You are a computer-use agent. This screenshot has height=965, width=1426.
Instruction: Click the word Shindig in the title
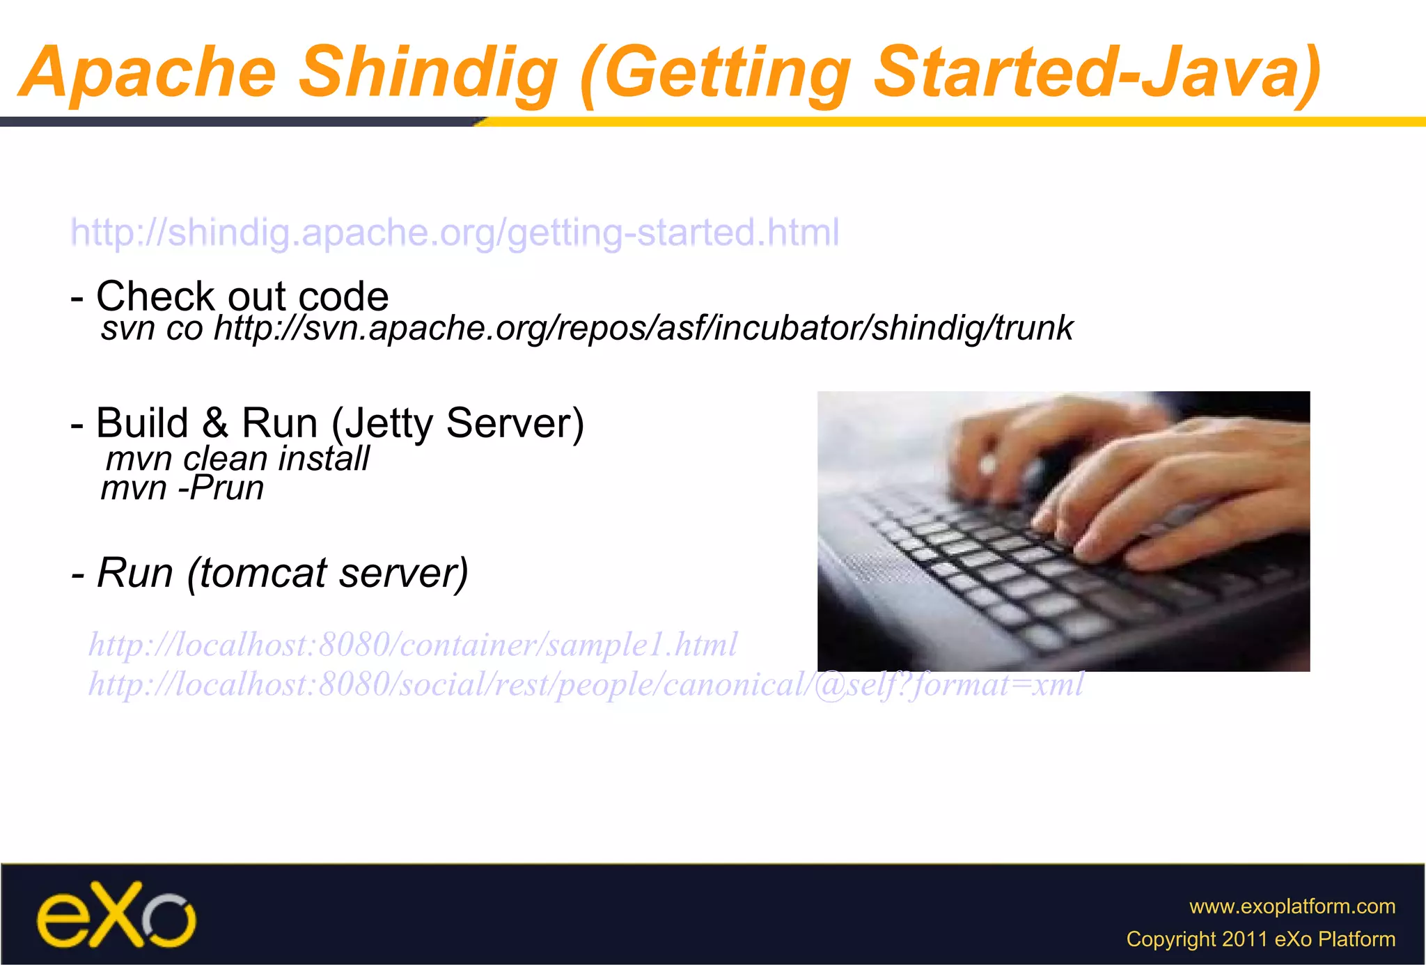point(428,72)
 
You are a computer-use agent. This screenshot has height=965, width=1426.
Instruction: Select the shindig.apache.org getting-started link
point(455,233)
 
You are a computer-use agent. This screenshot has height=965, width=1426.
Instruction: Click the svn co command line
point(586,328)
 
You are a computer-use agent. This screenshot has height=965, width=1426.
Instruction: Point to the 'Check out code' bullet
point(230,296)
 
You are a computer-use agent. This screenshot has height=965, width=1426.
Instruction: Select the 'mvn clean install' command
point(237,459)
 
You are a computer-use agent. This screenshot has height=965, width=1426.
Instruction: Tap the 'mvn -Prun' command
point(182,488)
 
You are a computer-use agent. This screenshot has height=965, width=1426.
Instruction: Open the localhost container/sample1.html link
point(412,645)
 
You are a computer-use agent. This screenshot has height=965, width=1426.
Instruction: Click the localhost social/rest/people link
point(585,685)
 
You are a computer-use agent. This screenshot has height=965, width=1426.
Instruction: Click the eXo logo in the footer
point(116,915)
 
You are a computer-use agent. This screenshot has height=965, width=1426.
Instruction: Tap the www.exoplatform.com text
point(1292,907)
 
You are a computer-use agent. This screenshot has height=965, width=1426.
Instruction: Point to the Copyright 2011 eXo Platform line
point(1260,939)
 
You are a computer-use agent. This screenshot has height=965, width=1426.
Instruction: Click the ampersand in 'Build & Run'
point(215,423)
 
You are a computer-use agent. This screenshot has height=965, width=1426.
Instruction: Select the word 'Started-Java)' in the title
point(1097,72)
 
